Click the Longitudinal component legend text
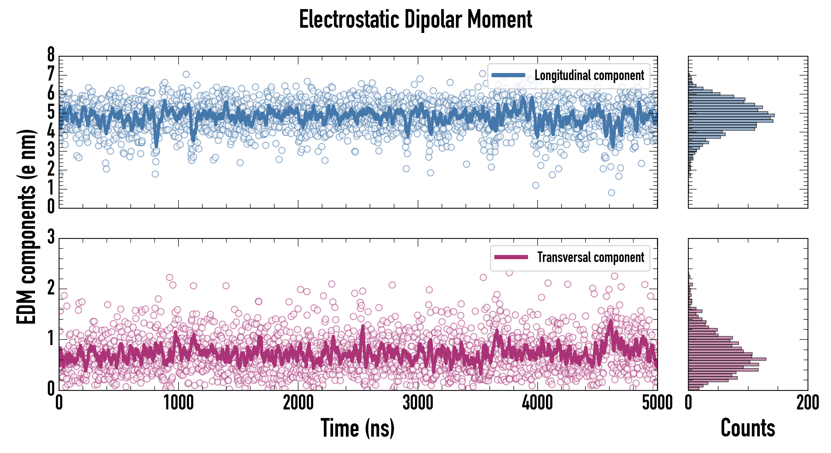[x=589, y=75]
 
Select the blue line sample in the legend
[x=508, y=75]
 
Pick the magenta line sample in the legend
[x=511, y=257]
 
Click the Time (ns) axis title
[x=357, y=428]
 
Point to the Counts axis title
[x=748, y=428]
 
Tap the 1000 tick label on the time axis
[x=178, y=403]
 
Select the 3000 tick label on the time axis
[x=418, y=403]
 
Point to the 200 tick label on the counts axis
[x=807, y=403]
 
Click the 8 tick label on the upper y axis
[x=51, y=55]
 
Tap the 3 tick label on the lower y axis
[x=51, y=237]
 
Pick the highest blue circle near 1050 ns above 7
[x=186, y=74]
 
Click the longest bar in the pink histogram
[x=727, y=359]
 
